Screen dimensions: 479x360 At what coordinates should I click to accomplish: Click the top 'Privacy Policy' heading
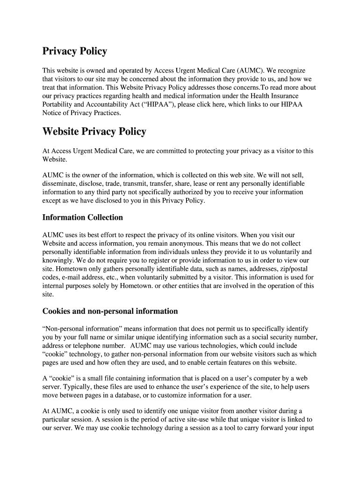pyautogui.click(x=75, y=51)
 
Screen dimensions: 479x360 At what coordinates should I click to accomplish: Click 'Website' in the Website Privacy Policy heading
pyautogui.click(x=61, y=131)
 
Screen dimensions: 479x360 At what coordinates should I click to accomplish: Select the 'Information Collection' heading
pyautogui.click(x=83, y=218)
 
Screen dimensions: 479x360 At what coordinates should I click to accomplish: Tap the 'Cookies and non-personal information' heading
pyautogui.click(x=110, y=311)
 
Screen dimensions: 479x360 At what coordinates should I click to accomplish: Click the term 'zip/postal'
pyautogui.click(x=298, y=269)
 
